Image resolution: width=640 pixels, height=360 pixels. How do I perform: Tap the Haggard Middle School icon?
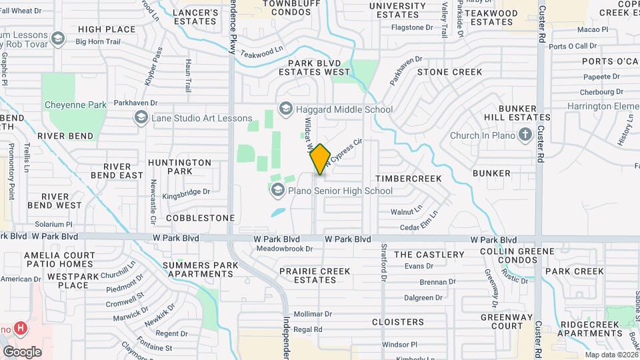[x=285, y=109]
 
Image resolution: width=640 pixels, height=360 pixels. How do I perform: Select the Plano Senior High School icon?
[x=277, y=191]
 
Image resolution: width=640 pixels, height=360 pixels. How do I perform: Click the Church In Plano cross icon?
[x=525, y=135]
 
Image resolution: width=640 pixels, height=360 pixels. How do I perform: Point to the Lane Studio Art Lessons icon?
[x=141, y=118]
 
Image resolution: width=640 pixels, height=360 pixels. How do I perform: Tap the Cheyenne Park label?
[x=75, y=105]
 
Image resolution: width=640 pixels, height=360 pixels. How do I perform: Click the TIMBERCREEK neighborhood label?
[x=408, y=179]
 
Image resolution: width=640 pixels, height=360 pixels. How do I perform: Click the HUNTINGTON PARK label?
[x=179, y=167]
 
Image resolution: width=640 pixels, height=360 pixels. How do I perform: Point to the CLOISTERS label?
[x=397, y=322]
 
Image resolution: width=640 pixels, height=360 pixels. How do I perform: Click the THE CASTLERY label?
[x=429, y=255]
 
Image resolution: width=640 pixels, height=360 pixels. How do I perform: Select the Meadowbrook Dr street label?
[x=285, y=249]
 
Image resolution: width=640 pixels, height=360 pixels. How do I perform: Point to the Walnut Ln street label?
[x=407, y=211]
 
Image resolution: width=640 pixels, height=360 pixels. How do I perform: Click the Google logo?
[x=22, y=351]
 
